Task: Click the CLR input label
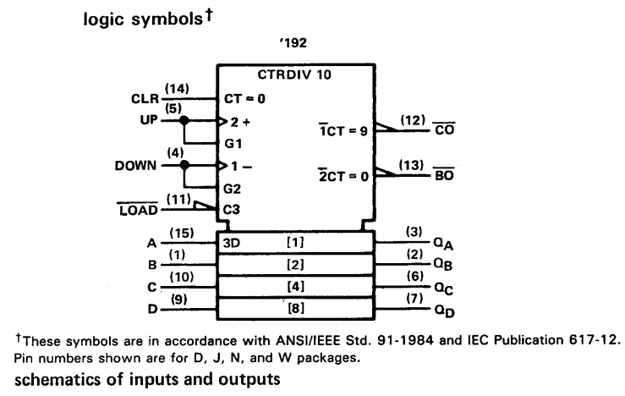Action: (145, 98)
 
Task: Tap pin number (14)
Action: (177, 89)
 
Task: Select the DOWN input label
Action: (135, 166)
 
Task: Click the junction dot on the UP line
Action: (184, 120)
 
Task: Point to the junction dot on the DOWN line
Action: (184, 165)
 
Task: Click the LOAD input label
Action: (139, 210)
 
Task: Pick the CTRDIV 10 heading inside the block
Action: (294, 74)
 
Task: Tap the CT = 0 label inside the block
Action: (244, 98)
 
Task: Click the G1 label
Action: (233, 143)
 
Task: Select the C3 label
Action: (232, 209)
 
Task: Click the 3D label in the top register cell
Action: (232, 243)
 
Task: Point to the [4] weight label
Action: (295, 286)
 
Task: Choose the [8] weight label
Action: (296, 308)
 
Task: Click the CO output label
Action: (445, 129)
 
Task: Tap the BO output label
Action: (444, 174)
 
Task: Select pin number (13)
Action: (411, 165)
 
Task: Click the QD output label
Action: (444, 311)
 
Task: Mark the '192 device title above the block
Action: (293, 42)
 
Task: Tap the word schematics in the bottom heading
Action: (58, 379)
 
